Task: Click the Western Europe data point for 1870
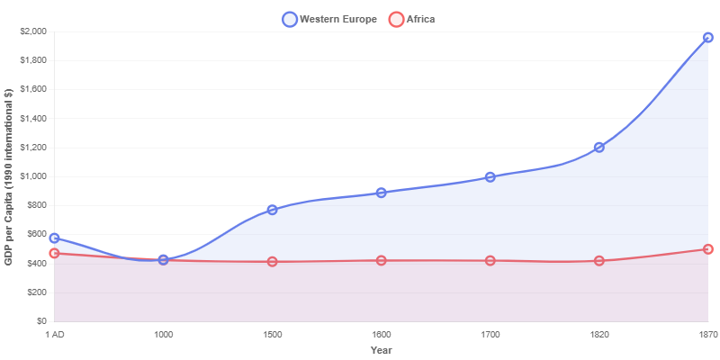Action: click(x=708, y=38)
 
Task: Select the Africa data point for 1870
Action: click(x=708, y=249)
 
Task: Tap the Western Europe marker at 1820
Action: click(x=599, y=147)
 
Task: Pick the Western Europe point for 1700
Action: click(x=490, y=177)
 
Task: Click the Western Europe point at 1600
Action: click(x=382, y=193)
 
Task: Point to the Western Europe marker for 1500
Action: click(x=273, y=210)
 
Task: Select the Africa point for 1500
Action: click(x=273, y=262)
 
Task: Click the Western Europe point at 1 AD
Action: click(x=55, y=238)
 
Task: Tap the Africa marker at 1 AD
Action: click(x=55, y=254)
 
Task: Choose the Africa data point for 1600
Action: click(x=382, y=260)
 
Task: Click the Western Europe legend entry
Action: click(x=328, y=19)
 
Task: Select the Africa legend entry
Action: click(x=411, y=19)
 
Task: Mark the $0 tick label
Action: click(x=40, y=321)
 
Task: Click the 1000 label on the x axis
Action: click(x=164, y=335)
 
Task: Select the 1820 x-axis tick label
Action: click(x=599, y=335)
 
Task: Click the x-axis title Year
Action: click(x=382, y=350)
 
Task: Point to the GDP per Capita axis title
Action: click(x=8, y=176)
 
